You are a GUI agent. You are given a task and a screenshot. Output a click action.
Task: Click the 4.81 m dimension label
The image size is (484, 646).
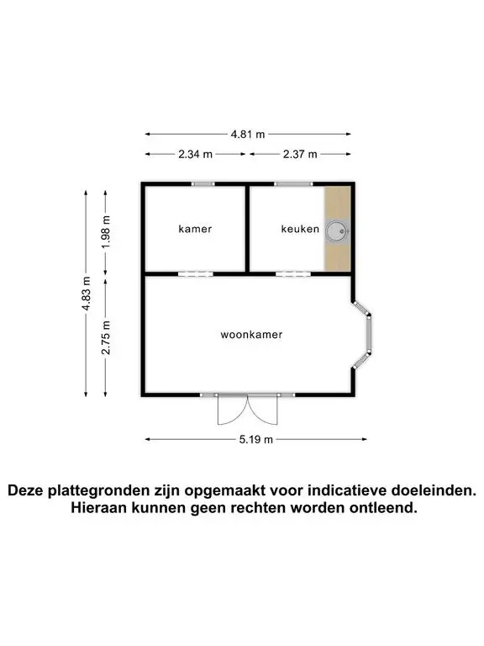(x=248, y=134)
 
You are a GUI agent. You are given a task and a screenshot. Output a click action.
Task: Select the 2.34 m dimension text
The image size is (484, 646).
(x=196, y=154)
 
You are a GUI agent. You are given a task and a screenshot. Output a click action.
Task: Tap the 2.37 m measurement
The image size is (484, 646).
(x=300, y=154)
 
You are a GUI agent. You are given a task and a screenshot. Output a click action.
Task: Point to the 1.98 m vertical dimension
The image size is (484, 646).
(x=106, y=232)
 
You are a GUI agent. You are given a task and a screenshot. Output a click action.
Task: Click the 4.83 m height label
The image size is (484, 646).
(x=86, y=294)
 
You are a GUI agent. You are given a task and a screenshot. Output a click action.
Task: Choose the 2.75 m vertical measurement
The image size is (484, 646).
(x=106, y=337)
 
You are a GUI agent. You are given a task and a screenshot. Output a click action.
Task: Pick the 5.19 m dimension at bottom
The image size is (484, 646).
(x=256, y=439)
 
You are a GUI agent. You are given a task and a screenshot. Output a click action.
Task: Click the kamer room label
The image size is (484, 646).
(x=195, y=229)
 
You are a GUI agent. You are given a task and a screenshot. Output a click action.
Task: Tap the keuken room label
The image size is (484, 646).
(x=300, y=229)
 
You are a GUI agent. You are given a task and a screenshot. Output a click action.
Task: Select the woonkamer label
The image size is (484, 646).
(x=251, y=335)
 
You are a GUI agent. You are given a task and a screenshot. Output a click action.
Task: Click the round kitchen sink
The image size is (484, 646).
(x=337, y=231)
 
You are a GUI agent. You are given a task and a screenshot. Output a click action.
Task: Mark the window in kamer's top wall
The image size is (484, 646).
(x=203, y=183)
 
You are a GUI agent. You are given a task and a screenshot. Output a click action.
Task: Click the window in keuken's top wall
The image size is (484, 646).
(x=293, y=183)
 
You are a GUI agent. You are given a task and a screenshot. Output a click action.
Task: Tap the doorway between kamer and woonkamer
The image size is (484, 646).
(x=196, y=273)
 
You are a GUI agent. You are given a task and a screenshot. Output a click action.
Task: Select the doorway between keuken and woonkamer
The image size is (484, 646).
(x=293, y=273)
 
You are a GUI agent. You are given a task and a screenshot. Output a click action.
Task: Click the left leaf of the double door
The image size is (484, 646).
(x=233, y=410)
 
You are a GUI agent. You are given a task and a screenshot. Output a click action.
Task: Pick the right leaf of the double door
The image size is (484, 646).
(x=263, y=410)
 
